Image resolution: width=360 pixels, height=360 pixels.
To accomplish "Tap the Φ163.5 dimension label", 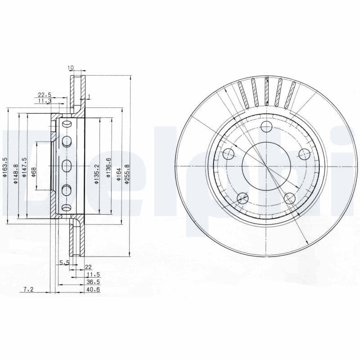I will tap(5, 168).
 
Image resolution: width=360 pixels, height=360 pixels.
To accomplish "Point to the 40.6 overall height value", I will tap(93, 290).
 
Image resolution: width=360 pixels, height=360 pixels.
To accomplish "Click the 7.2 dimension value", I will tap(28, 290).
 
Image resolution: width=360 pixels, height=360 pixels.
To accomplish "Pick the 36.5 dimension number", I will tap(93, 282).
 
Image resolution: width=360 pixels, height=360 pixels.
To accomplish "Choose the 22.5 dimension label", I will tap(44, 95).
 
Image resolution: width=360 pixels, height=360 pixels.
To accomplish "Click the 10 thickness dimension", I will tap(71, 68).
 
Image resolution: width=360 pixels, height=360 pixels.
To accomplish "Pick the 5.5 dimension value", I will tap(64, 262).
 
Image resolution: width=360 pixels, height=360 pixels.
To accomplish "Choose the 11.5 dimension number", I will tap(93, 274).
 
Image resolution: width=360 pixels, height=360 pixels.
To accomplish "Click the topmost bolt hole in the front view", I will tap(266, 126).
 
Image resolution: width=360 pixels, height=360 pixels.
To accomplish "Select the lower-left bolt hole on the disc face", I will tap(243, 197).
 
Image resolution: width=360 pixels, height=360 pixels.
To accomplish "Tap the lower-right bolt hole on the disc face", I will tap(290, 198).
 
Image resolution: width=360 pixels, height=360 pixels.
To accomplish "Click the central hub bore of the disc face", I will tap(266, 166).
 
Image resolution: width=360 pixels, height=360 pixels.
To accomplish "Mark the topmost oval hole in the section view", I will tap(67, 124).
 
